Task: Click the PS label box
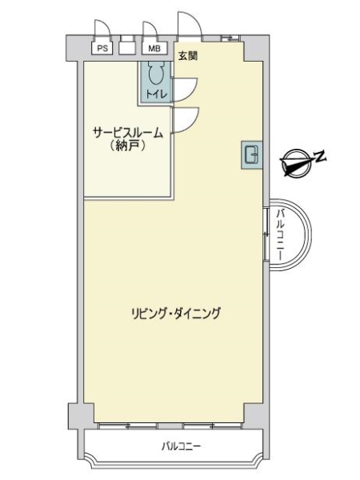(102, 48)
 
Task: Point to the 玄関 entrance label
(189, 55)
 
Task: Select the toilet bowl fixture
(156, 76)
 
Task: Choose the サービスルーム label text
(128, 134)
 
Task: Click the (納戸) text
(128, 147)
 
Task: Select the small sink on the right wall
(251, 154)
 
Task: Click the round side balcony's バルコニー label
(282, 233)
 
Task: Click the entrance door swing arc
(189, 24)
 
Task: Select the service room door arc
(184, 120)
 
